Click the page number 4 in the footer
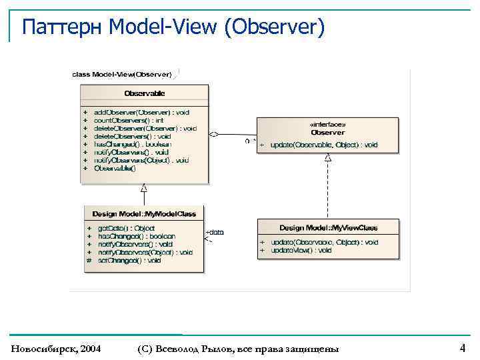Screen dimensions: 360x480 coord(462,347)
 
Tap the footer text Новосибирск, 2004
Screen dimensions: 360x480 coord(56,349)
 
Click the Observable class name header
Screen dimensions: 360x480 coord(145,93)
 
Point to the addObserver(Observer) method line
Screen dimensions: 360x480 coord(141,113)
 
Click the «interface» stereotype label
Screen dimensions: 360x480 coord(327,125)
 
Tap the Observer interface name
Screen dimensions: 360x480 coord(327,132)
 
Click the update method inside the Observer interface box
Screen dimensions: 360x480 coord(324,145)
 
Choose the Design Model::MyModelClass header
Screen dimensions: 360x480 coord(144,214)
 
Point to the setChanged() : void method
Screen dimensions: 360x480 coord(129,261)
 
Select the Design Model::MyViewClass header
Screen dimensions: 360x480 coord(328,228)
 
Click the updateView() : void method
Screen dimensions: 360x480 coord(301,250)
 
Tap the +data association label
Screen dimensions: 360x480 coord(215,232)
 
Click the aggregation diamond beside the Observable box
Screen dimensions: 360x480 coord(214,134)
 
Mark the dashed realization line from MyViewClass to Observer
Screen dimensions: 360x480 coord(327,190)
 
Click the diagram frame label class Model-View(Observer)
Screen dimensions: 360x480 coord(122,74)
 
